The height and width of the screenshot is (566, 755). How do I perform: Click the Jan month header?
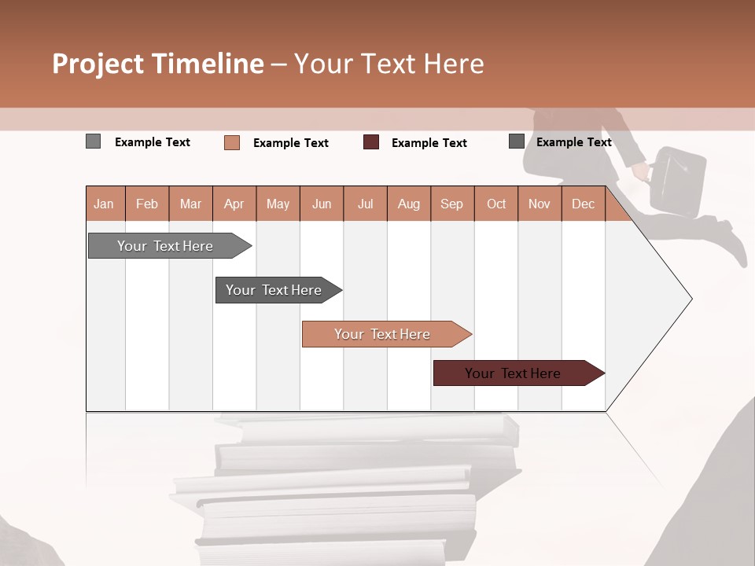point(104,204)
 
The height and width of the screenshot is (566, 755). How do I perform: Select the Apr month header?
point(234,204)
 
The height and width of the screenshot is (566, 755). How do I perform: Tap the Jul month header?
point(365,204)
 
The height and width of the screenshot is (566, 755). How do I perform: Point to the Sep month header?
point(451,204)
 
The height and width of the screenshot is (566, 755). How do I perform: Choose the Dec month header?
point(583,204)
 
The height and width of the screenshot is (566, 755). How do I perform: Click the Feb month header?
point(147,204)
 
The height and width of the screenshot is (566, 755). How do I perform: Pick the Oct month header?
point(496,204)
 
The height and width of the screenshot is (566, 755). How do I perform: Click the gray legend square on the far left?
point(93,141)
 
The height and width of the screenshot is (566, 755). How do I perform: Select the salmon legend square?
point(231,142)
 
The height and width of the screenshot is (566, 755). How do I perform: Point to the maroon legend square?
point(371,142)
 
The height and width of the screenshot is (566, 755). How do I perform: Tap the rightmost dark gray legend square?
point(516,141)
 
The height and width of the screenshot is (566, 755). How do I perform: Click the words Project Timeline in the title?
point(158,64)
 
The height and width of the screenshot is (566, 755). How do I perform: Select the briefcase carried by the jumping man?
point(678,181)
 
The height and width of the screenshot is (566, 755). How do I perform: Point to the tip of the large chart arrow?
point(690,298)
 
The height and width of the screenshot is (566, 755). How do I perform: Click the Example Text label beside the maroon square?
point(429,143)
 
